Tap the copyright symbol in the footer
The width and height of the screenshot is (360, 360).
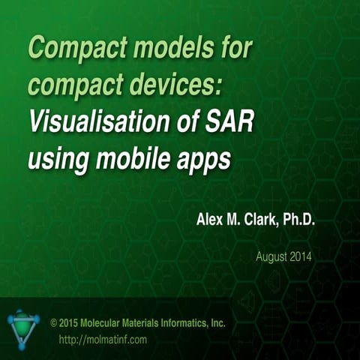click(53, 323)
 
